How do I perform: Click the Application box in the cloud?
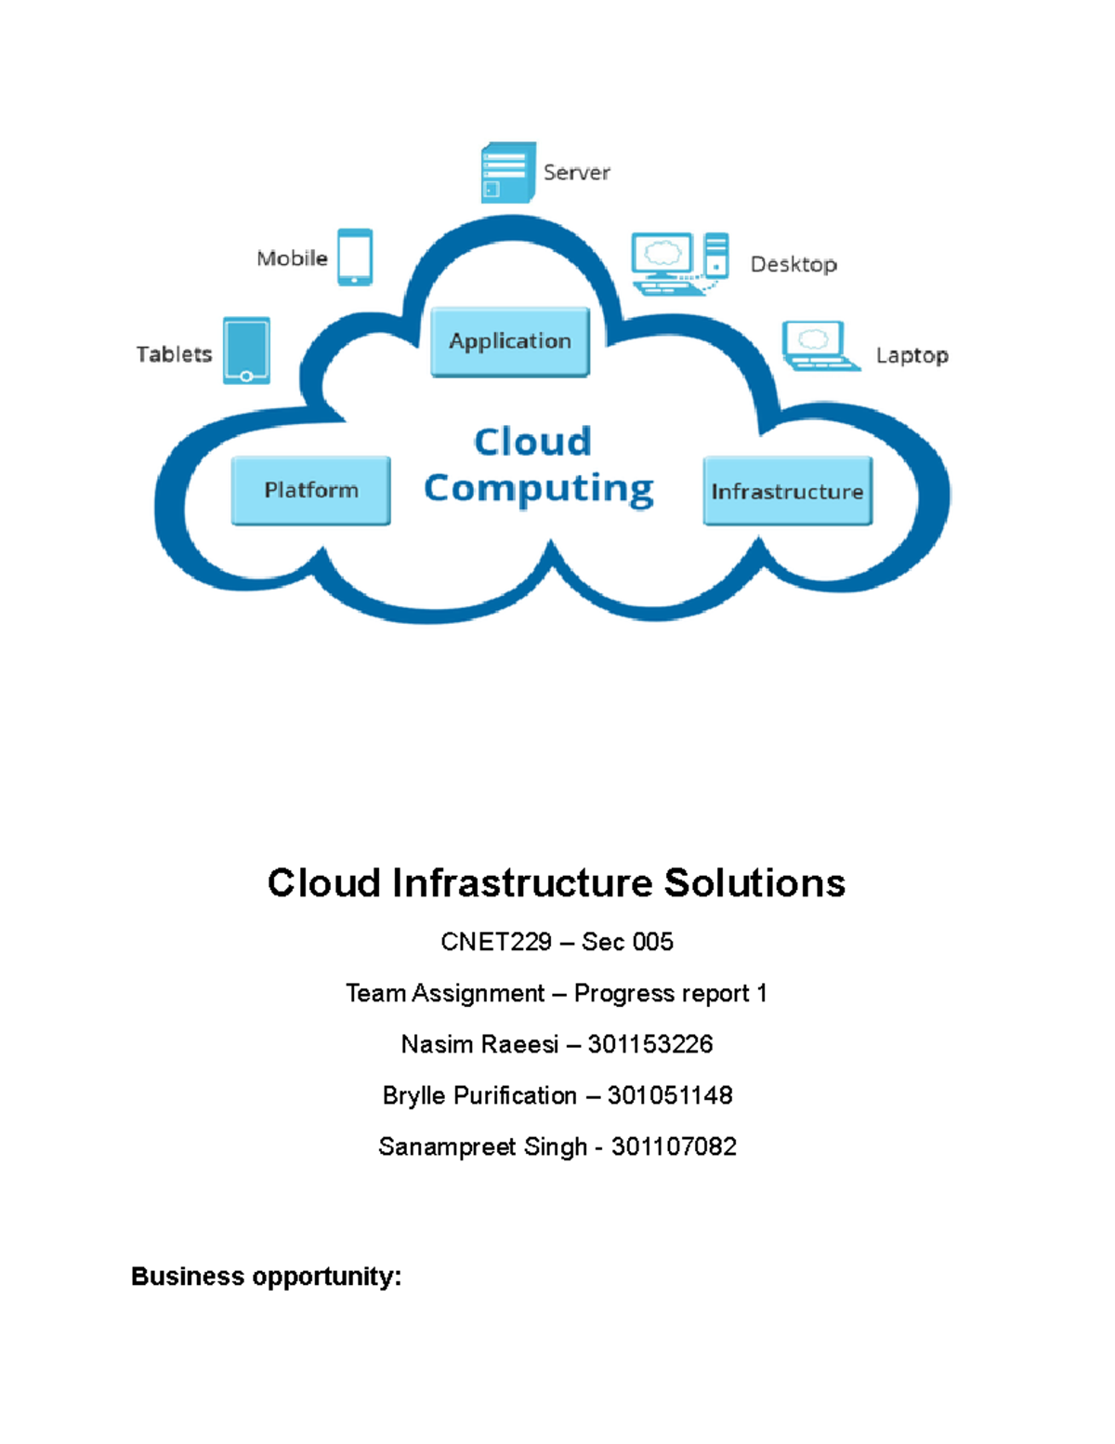(510, 341)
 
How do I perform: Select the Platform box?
(310, 490)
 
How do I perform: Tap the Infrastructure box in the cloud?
(787, 491)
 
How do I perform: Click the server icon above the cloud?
(507, 172)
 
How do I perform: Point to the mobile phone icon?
(355, 257)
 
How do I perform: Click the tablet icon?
(246, 351)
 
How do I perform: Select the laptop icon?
(818, 346)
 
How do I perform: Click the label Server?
(576, 172)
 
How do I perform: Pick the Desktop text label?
(794, 264)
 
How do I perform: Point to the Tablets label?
(174, 354)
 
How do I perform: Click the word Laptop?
(912, 355)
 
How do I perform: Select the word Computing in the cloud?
(539, 488)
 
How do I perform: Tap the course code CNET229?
(496, 942)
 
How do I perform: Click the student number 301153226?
(650, 1044)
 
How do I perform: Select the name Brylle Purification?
(479, 1095)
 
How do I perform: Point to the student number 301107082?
(674, 1146)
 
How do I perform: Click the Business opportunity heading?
(267, 1276)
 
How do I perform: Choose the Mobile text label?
(292, 258)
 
